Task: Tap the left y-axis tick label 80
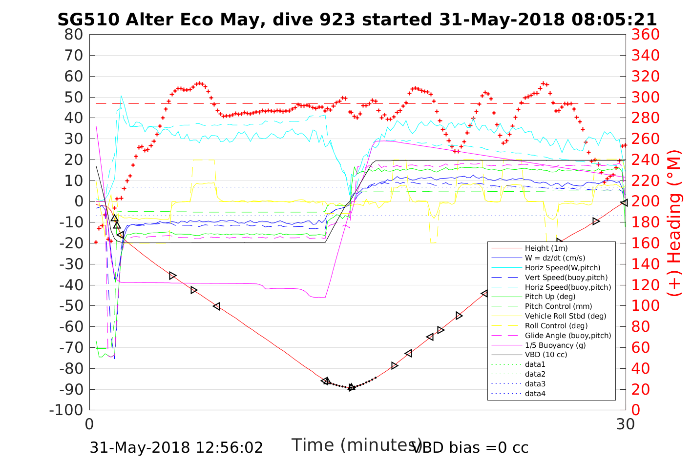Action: coord(74,35)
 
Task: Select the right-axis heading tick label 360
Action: coord(646,35)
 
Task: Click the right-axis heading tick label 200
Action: coord(646,201)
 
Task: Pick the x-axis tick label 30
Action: coord(626,424)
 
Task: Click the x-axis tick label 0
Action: coord(89,424)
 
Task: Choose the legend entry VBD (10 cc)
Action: coord(546,355)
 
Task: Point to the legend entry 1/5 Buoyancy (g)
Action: coord(555,345)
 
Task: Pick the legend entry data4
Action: coord(535,393)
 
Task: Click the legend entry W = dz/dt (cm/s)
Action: coord(555,258)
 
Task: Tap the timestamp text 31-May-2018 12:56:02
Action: coord(177,447)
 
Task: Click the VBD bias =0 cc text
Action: coord(471,447)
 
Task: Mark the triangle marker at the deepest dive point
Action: coord(352,387)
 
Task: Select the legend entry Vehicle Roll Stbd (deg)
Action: coord(566,316)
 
